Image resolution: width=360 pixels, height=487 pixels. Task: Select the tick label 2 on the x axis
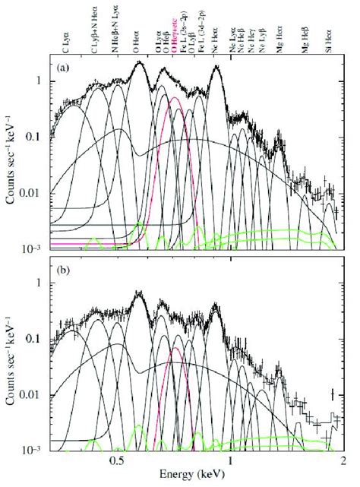[x=343, y=461]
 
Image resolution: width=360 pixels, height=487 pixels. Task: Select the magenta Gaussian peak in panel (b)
[x=176, y=349]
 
